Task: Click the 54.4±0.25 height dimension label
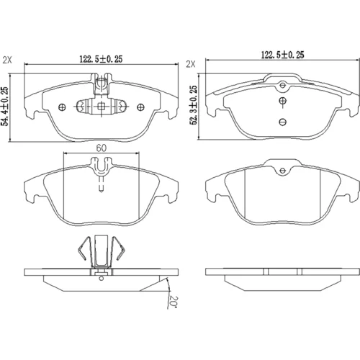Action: click(5, 107)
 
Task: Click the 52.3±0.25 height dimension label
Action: click(194, 105)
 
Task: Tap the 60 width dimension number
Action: click(102, 148)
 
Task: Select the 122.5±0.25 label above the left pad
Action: click(101, 59)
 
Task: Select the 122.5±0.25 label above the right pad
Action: click(282, 55)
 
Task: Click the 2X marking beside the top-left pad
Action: click(7, 60)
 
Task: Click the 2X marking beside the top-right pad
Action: click(191, 64)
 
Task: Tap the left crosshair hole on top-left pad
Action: click(62, 107)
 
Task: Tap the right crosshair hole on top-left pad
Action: click(140, 107)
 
